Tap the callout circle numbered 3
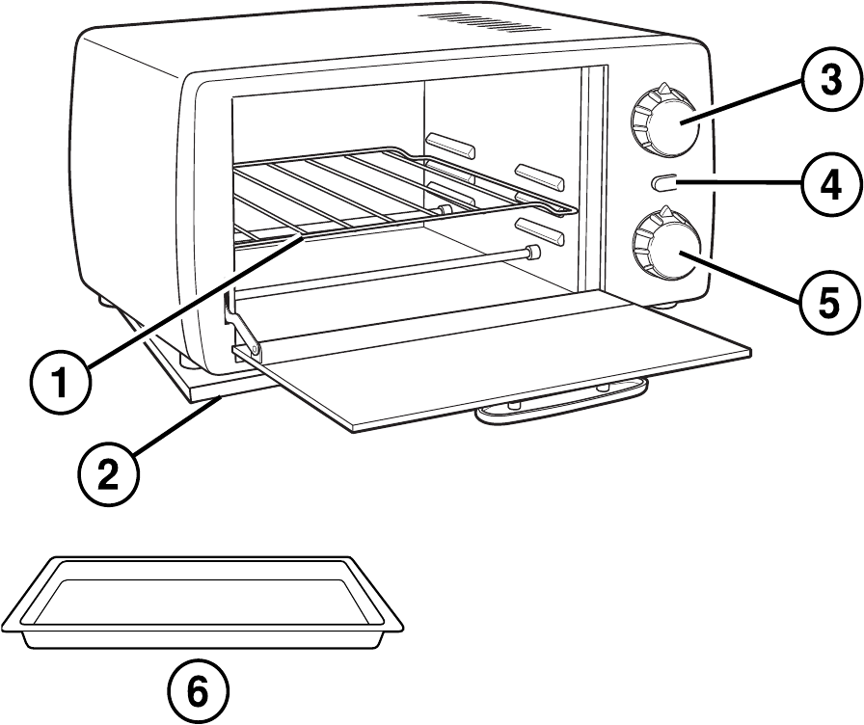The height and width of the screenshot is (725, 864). [x=825, y=81]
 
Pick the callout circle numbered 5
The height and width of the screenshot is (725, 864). [x=825, y=303]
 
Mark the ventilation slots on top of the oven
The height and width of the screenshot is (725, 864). [x=459, y=21]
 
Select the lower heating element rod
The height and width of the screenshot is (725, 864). [x=386, y=269]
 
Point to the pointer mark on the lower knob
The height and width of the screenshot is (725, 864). [x=664, y=219]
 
